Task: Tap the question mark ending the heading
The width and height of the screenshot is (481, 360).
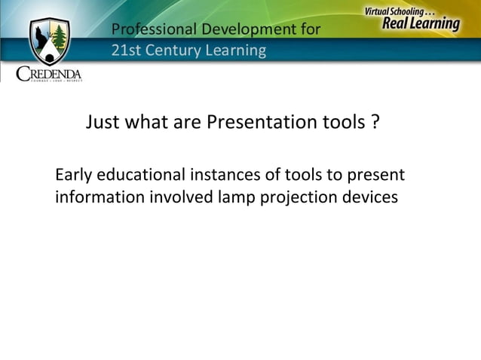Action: [375, 122]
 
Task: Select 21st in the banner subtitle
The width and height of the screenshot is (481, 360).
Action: [124, 51]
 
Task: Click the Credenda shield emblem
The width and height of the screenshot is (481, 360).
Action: [49, 41]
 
